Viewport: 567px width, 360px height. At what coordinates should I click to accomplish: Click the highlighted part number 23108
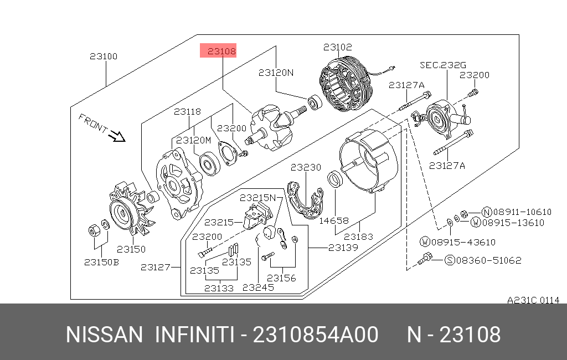221,52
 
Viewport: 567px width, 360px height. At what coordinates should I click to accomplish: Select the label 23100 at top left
104,56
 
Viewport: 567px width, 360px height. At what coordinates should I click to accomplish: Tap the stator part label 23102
337,47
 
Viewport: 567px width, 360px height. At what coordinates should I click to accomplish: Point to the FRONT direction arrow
117,136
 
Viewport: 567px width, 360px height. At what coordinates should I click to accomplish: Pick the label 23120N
276,73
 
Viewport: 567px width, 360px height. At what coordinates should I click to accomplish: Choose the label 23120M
193,140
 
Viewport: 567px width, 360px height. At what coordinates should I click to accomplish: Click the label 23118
187,111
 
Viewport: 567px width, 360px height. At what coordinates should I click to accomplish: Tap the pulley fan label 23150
131,249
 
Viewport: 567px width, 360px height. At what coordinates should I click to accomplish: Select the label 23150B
101,262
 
